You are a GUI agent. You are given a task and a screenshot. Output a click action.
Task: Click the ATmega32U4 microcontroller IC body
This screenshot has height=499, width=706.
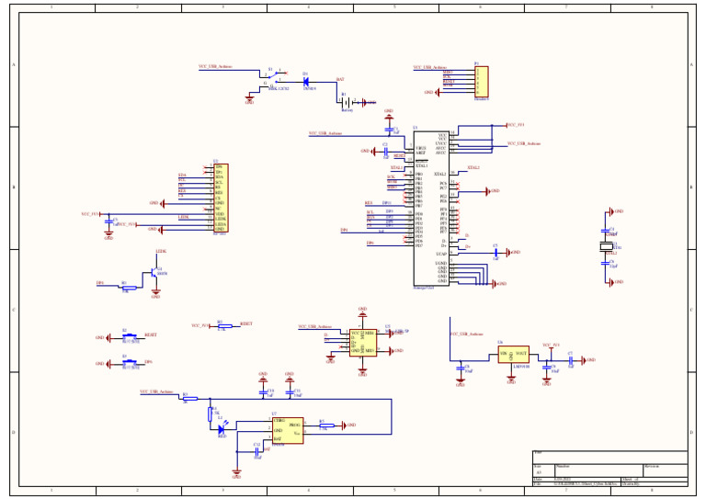point(430,208)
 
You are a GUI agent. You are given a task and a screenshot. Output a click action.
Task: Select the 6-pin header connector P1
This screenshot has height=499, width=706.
point(481,82)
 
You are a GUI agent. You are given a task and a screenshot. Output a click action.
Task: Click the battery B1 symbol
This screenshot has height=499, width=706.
point(347,102)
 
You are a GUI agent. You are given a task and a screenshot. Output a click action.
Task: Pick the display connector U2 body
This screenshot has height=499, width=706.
point(220,198)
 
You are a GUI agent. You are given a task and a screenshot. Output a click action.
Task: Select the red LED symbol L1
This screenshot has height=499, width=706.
point(221,428)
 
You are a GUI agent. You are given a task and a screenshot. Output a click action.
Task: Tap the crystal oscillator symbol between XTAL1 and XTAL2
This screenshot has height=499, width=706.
point(607,247)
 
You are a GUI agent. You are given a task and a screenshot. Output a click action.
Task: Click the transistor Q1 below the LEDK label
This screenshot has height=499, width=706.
point(154,274)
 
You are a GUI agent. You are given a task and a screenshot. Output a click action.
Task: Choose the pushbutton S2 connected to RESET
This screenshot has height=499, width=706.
point(131,337)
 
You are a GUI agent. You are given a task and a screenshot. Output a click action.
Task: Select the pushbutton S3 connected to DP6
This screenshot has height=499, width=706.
point(131,363)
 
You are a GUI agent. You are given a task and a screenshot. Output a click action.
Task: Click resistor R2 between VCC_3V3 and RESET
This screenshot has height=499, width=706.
point(221,326)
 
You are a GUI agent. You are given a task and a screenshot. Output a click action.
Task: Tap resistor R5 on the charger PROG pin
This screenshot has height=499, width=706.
point(323,425)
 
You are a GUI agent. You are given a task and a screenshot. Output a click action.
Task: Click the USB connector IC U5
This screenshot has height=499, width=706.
point(362,342)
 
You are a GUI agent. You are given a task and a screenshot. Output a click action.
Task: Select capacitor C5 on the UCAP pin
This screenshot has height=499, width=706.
point(495,252)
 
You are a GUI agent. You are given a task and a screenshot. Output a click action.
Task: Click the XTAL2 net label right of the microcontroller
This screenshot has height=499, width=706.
point(473,168)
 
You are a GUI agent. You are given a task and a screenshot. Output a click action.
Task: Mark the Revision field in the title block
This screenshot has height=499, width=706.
point(664,467)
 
